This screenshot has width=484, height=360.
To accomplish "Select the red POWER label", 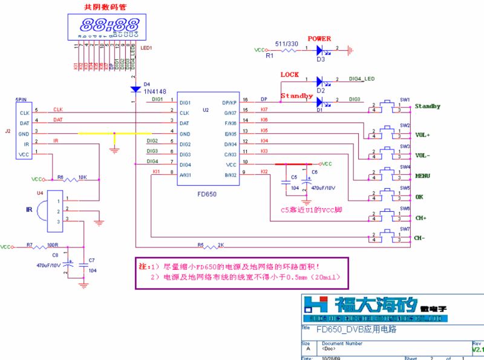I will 319,39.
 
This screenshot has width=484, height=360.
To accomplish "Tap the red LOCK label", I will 290,74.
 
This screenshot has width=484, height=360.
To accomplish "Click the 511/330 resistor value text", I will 287,44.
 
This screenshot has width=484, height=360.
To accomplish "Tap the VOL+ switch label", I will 423,135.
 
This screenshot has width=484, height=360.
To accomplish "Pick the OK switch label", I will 419,197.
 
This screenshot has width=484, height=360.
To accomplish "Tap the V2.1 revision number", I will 477,350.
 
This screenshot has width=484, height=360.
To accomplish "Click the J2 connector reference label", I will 7,130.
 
